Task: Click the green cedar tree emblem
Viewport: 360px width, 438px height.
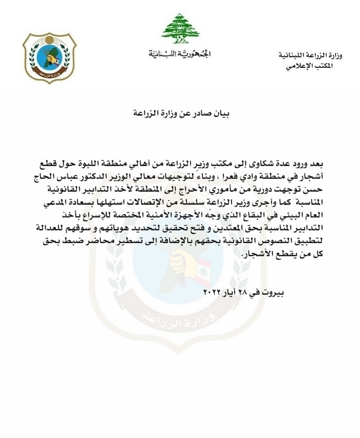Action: point(181,29)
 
